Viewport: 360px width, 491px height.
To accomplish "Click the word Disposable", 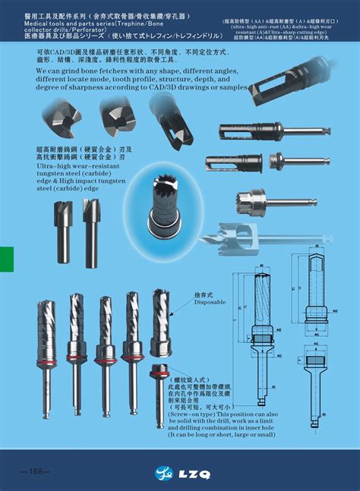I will tap(210, 302).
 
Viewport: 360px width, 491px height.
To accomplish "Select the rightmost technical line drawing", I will tap(318, 319).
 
